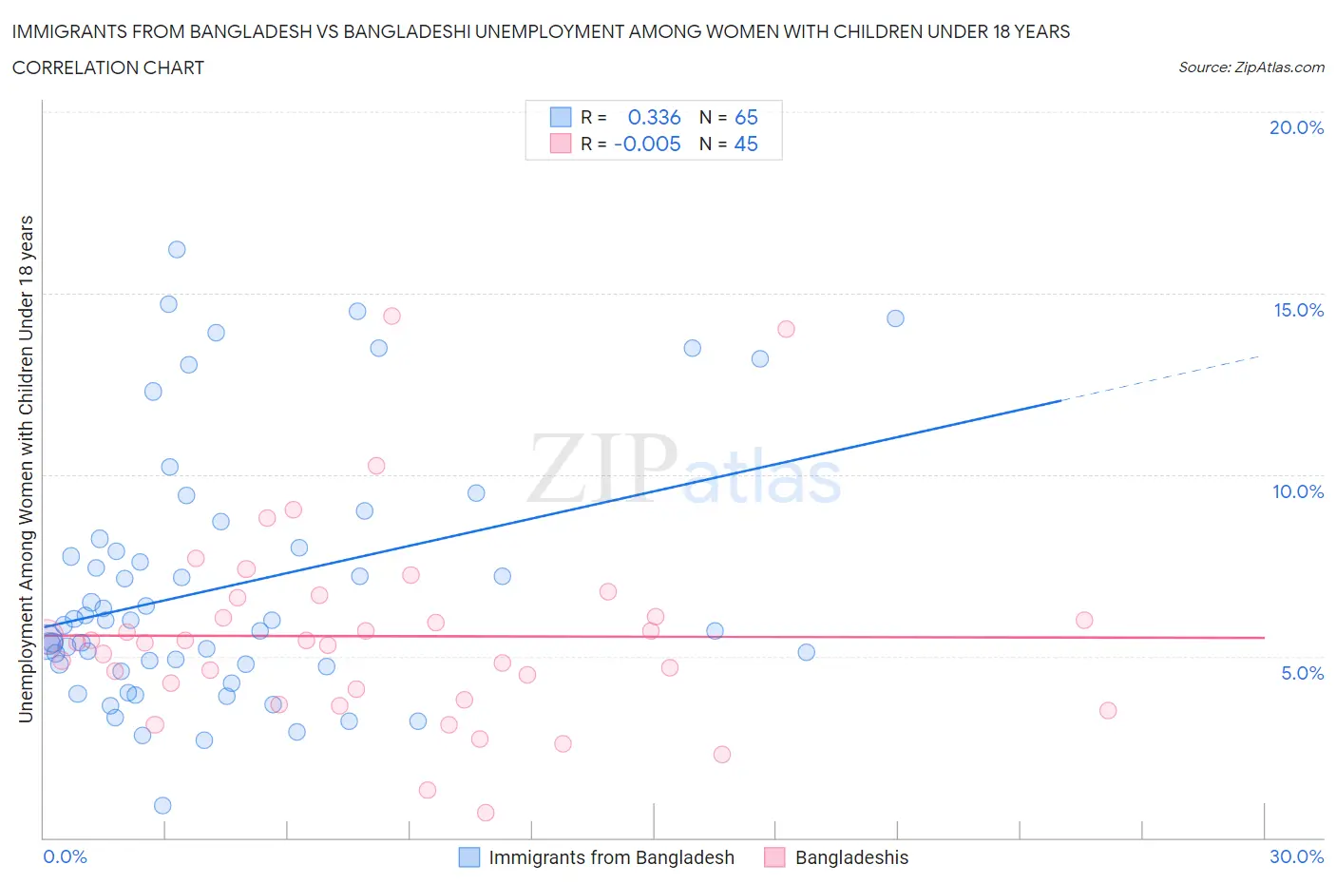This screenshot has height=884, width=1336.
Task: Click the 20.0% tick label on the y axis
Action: click(x=1296, y=127)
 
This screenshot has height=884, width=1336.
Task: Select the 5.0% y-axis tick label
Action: click(x=1302, y=673)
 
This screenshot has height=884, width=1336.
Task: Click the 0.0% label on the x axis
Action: click(x=65, y=856)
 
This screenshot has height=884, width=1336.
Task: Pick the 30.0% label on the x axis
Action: click(x=1296, y=856)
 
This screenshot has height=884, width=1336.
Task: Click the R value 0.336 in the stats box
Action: click(x=654, y=117)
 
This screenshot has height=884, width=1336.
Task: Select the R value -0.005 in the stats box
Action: click(x=647, y=144)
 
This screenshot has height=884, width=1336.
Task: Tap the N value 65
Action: click(x=746, y=117)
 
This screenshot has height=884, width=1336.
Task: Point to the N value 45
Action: click(x=746, y=144)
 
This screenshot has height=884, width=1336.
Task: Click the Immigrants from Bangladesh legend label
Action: click(x=611, y=857)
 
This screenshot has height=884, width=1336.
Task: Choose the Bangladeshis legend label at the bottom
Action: click(x=851, y=857)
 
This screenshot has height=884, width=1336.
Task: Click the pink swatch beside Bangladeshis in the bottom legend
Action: click(x=774, y=857)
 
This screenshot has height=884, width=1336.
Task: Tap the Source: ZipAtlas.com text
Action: click(x=1250, y=67)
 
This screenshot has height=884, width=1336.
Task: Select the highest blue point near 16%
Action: click(x=177, y=249)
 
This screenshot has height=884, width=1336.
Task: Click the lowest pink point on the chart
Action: click(x=486, y=812)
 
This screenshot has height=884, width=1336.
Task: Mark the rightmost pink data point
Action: click(x=1107, y=710)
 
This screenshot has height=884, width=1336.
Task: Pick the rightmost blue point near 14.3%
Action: click(x=895, y=318)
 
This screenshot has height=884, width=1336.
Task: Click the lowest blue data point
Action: click(x=162, y=805)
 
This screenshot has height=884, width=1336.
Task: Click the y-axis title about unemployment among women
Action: click(x=27, y=469)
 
